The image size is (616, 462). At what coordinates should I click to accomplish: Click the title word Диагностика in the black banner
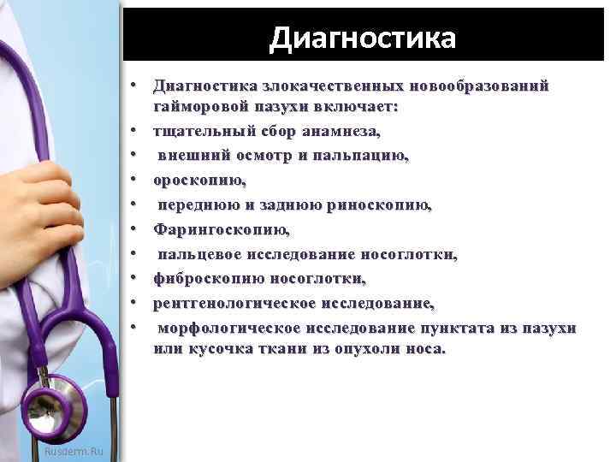point(363,38)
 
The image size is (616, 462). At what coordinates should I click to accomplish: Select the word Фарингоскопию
point(222,229)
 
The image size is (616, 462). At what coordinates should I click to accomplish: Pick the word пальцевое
point(198,254)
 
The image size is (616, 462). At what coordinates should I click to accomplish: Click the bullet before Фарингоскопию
point(135,229)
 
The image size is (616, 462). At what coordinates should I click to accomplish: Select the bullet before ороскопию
point(135,181)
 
